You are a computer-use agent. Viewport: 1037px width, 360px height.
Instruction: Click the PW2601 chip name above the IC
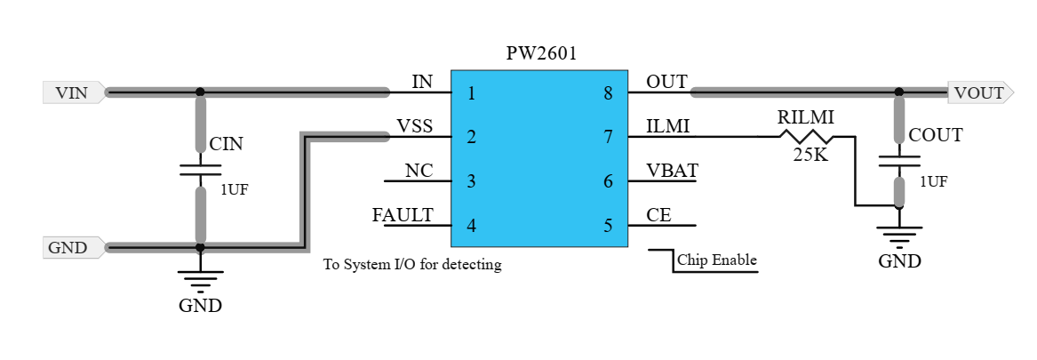pos(541,53)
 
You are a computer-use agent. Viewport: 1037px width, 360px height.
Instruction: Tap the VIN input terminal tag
pos(74,92)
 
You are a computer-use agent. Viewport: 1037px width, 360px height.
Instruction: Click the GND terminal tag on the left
pos(70,247)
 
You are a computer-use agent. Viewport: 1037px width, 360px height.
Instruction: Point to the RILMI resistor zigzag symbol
pos(806,136)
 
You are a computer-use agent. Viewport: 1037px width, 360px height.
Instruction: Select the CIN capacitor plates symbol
pos(200,169)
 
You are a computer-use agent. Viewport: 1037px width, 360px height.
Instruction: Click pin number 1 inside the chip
pos(471,92)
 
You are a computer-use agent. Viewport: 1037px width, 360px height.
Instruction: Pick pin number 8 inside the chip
pos(609,92)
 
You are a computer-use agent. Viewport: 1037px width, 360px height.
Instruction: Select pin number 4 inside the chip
pos(471,226)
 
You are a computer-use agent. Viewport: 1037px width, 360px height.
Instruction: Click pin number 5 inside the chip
pos(609,226)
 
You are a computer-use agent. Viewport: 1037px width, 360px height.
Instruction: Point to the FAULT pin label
pos(403,215)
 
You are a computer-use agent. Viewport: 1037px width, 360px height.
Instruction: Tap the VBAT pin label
pos(672,171)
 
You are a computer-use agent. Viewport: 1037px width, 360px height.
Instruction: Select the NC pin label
pos(419,171)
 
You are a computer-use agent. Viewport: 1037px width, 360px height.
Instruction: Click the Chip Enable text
pos(717,260)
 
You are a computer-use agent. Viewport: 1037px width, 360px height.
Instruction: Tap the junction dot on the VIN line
pos(200,92)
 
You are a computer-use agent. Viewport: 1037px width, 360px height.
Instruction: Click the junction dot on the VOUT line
pos(899,92)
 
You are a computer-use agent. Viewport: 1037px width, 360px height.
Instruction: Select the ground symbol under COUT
pos(899,235)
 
